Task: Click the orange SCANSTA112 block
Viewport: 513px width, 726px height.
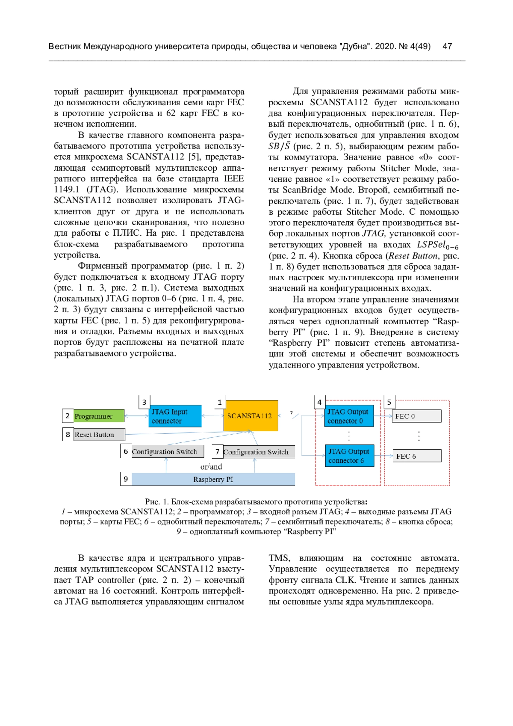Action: pos(251,415)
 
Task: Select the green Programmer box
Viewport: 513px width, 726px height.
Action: pos(98,416)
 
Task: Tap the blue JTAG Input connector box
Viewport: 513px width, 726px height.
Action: pos(176,416)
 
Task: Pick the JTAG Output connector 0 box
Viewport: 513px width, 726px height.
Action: pos(349,416)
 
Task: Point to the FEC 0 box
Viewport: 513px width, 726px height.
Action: pos(416,416)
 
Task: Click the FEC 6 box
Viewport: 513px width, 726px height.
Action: pos(416,456)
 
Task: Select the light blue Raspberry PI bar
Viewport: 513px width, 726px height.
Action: pos(213,480)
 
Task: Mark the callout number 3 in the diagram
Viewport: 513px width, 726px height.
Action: pos(144,402)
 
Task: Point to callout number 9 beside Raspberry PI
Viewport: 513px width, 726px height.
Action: pos(126,479)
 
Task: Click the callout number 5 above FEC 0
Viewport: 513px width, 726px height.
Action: pos(389,402)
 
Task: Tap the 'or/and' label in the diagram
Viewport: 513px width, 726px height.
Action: pos(211,467)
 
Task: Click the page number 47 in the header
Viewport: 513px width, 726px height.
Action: pos(448,47)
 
